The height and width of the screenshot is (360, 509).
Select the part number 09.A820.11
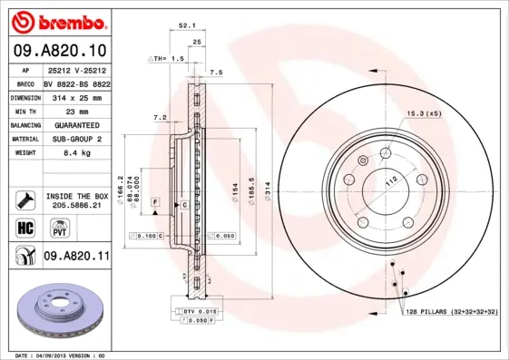(x=76, y=257)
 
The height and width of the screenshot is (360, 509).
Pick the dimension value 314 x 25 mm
(x=76, y=96)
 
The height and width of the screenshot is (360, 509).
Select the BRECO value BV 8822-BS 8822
(x=76, y=83)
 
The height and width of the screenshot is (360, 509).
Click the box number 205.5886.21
(x=76, y=206)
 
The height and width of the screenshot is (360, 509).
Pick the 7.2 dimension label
(x=159, y=117)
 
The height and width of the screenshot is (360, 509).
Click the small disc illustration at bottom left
(x=60, y=309)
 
